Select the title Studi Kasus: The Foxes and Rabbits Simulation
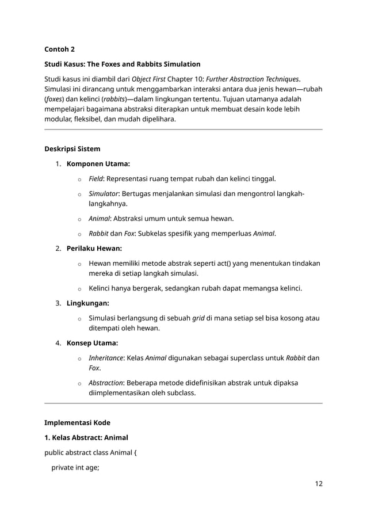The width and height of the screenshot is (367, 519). [x=123, y=64]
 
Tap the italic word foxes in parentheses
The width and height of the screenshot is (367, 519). [x=55, y=99]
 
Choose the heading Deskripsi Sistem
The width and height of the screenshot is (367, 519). [x=72, y=148]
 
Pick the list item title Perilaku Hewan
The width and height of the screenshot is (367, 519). [x=94, y=249]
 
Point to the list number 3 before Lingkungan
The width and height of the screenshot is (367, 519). [x=58, y=303]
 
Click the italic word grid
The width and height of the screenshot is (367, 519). [x=198, y=318]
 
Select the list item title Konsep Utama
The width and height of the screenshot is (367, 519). [x=93, y=344]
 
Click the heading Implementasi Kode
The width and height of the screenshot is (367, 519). [x=78, y=422]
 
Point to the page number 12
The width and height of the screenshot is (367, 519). [x=318, y=483]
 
